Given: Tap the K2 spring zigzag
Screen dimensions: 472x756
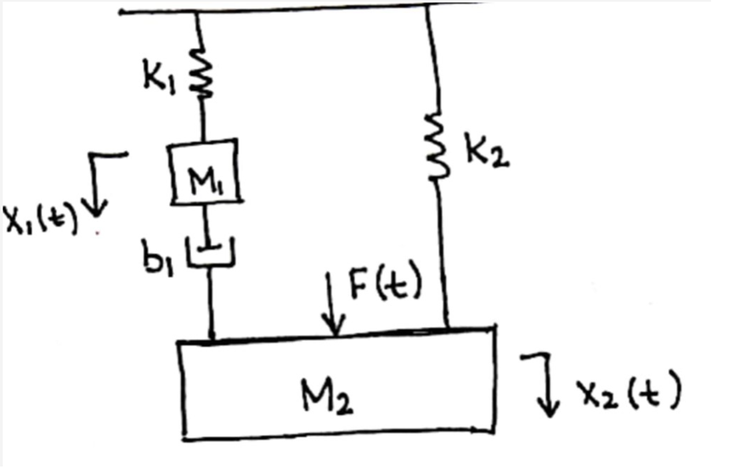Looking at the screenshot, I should coord(436,148).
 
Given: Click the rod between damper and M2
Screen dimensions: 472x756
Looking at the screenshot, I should coord(211,303).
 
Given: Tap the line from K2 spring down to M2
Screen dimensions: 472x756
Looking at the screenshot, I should coord(443,252).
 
